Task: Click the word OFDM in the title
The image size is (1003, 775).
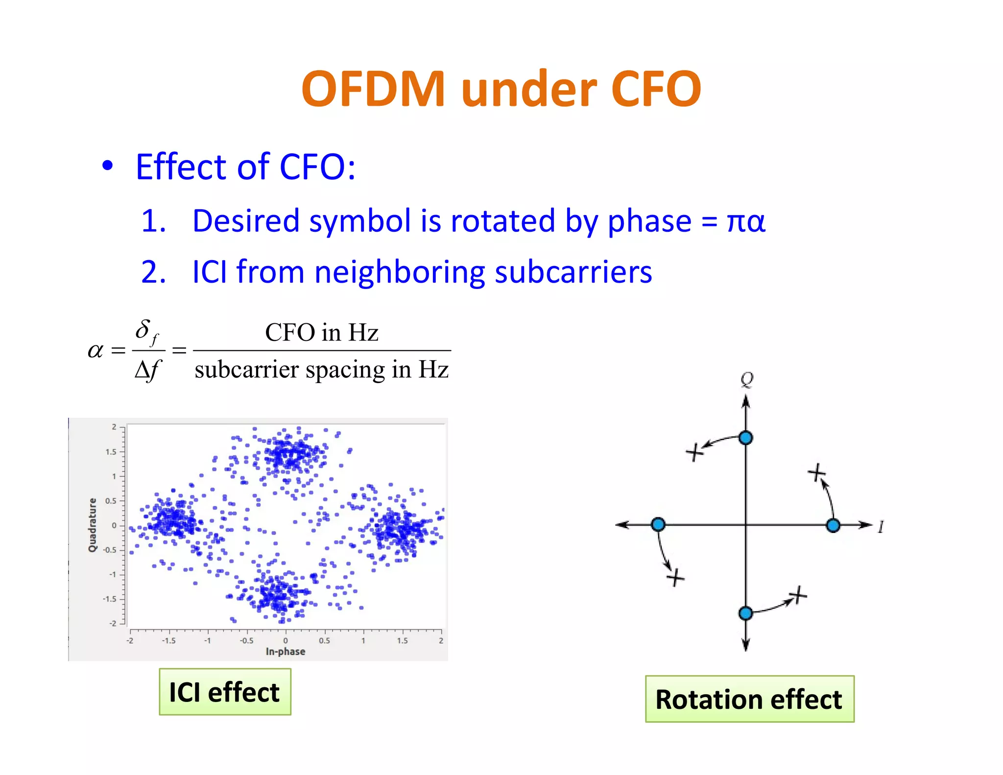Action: tap(373, 89)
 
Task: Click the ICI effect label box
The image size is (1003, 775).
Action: tap(225, 692)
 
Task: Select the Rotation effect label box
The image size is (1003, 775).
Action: tap(749, 699)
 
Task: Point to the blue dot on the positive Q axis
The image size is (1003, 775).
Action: tap(745, 437)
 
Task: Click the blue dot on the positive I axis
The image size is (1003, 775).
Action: tap(833, 525)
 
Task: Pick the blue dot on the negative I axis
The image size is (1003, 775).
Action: tap(658, 525)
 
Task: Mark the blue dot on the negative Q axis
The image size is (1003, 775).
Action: tap(745, 613)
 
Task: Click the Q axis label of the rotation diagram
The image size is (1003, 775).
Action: tap(747, 379)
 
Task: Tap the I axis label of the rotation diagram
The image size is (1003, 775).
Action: tap(881, 527)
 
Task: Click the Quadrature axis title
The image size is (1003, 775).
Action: tap(92, 525)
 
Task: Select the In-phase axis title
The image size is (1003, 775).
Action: tap(286, 652)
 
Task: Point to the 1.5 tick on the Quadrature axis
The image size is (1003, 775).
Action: tap(111, 452)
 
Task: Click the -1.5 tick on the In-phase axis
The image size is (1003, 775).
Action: tap(168, 641)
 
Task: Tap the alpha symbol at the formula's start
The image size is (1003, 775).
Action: tap(96, 351)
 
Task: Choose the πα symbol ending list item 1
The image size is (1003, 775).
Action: tap(746, 221)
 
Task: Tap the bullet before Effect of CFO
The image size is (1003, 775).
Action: tap(107, 166)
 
